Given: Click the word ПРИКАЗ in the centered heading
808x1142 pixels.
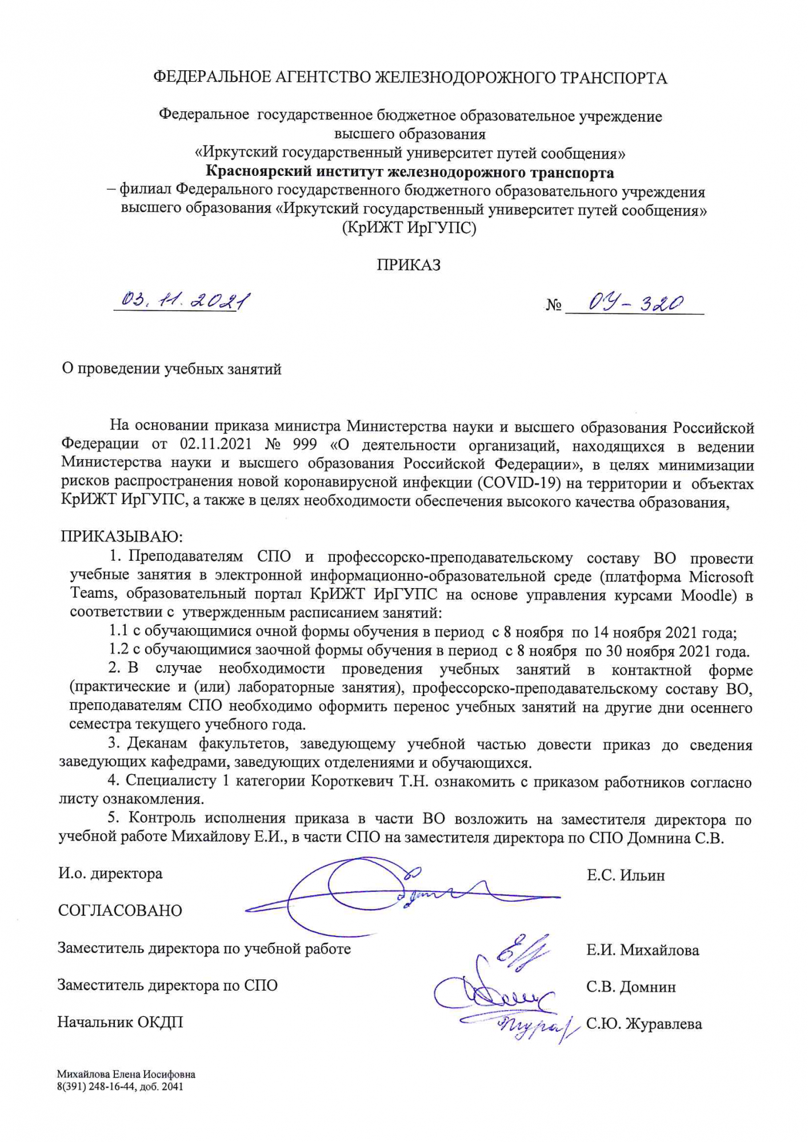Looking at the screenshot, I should click(x=408, y=265).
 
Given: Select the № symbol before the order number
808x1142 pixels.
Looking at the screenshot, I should click(x=553, y=305).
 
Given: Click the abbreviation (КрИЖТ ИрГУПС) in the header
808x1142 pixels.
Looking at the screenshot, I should click(x=409, y=228).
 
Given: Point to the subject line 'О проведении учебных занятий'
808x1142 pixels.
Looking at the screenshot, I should click(x=171, y=369).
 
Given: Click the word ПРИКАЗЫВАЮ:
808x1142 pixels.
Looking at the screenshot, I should click(x=122, y=537).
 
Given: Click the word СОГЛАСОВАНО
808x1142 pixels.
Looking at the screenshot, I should click(x=120, y=910).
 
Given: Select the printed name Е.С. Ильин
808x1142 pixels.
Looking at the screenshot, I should click(x=626, y=875).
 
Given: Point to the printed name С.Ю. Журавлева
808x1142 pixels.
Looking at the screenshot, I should click(x=644, y=1024).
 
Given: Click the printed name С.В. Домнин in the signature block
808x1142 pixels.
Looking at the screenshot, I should click(x=631, y=987).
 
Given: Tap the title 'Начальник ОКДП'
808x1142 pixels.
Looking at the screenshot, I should click(x=120, y=1022).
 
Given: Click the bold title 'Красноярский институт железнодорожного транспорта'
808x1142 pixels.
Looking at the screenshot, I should click(x=410, y=172).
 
